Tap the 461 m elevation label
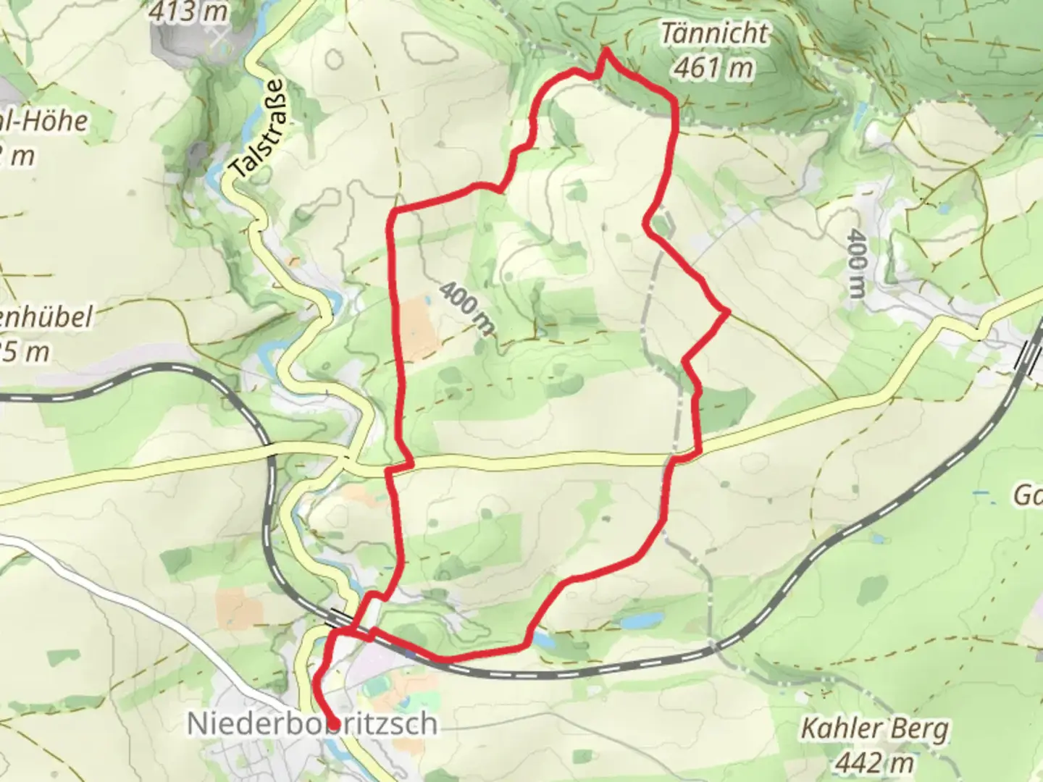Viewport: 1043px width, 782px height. [x=713, y=68]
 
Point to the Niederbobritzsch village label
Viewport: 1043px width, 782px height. [x=312, y=723]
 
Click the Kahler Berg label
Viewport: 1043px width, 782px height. [x=874, y=729]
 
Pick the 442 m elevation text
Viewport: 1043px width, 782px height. [x=874, y=762]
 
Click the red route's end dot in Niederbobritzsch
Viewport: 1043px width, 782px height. [x=335, y=723]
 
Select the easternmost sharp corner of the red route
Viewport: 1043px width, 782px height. [x=726, y=311]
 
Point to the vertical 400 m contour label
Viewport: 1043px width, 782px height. [x=856, y=264]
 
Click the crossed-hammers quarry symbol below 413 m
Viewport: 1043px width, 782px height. [x=216, y=38]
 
